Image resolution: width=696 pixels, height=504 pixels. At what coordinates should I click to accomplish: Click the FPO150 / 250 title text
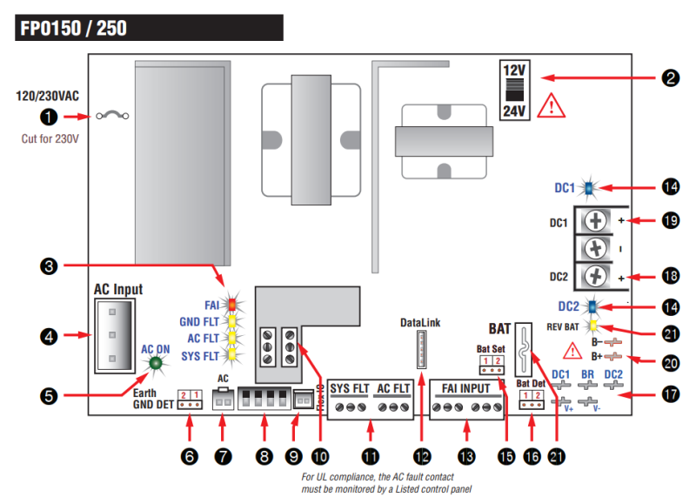(x=72, y=28)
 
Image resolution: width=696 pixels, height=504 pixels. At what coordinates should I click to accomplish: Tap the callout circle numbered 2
(x=670, y=77)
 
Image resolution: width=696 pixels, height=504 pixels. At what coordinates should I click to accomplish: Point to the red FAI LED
(x=232, y=305)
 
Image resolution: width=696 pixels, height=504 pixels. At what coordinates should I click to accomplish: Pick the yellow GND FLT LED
(x=232, y=321)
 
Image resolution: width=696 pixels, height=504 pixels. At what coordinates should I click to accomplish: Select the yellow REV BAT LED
(x=592, y=326)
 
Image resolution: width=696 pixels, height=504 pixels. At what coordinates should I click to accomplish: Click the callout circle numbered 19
(x=670, y=222)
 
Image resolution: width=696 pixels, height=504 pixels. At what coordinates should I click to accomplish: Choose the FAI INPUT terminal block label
(x=465, y=387)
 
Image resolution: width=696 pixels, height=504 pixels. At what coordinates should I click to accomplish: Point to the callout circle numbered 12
(x=422, y=454)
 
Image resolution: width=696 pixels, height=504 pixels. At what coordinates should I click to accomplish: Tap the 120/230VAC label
(x=48, y=97)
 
